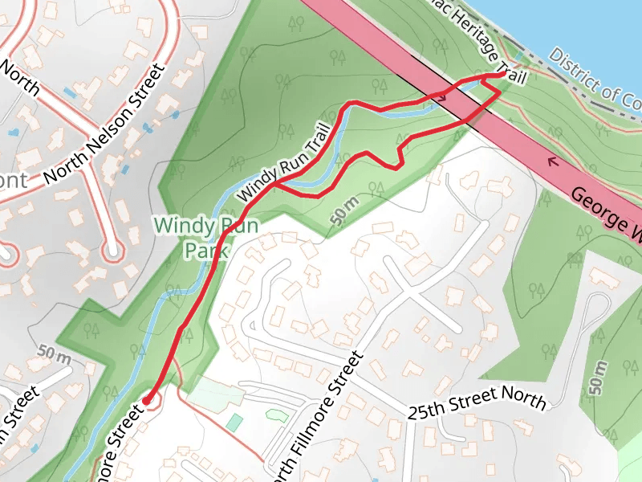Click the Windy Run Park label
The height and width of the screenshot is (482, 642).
coord(207,238)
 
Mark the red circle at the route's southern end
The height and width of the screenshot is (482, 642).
coord(148,399)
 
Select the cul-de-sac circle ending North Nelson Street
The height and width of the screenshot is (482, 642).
coord(113,251)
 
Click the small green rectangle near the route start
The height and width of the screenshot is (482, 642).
coord(234,422)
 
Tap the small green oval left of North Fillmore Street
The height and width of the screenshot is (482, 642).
coord(274,415)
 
